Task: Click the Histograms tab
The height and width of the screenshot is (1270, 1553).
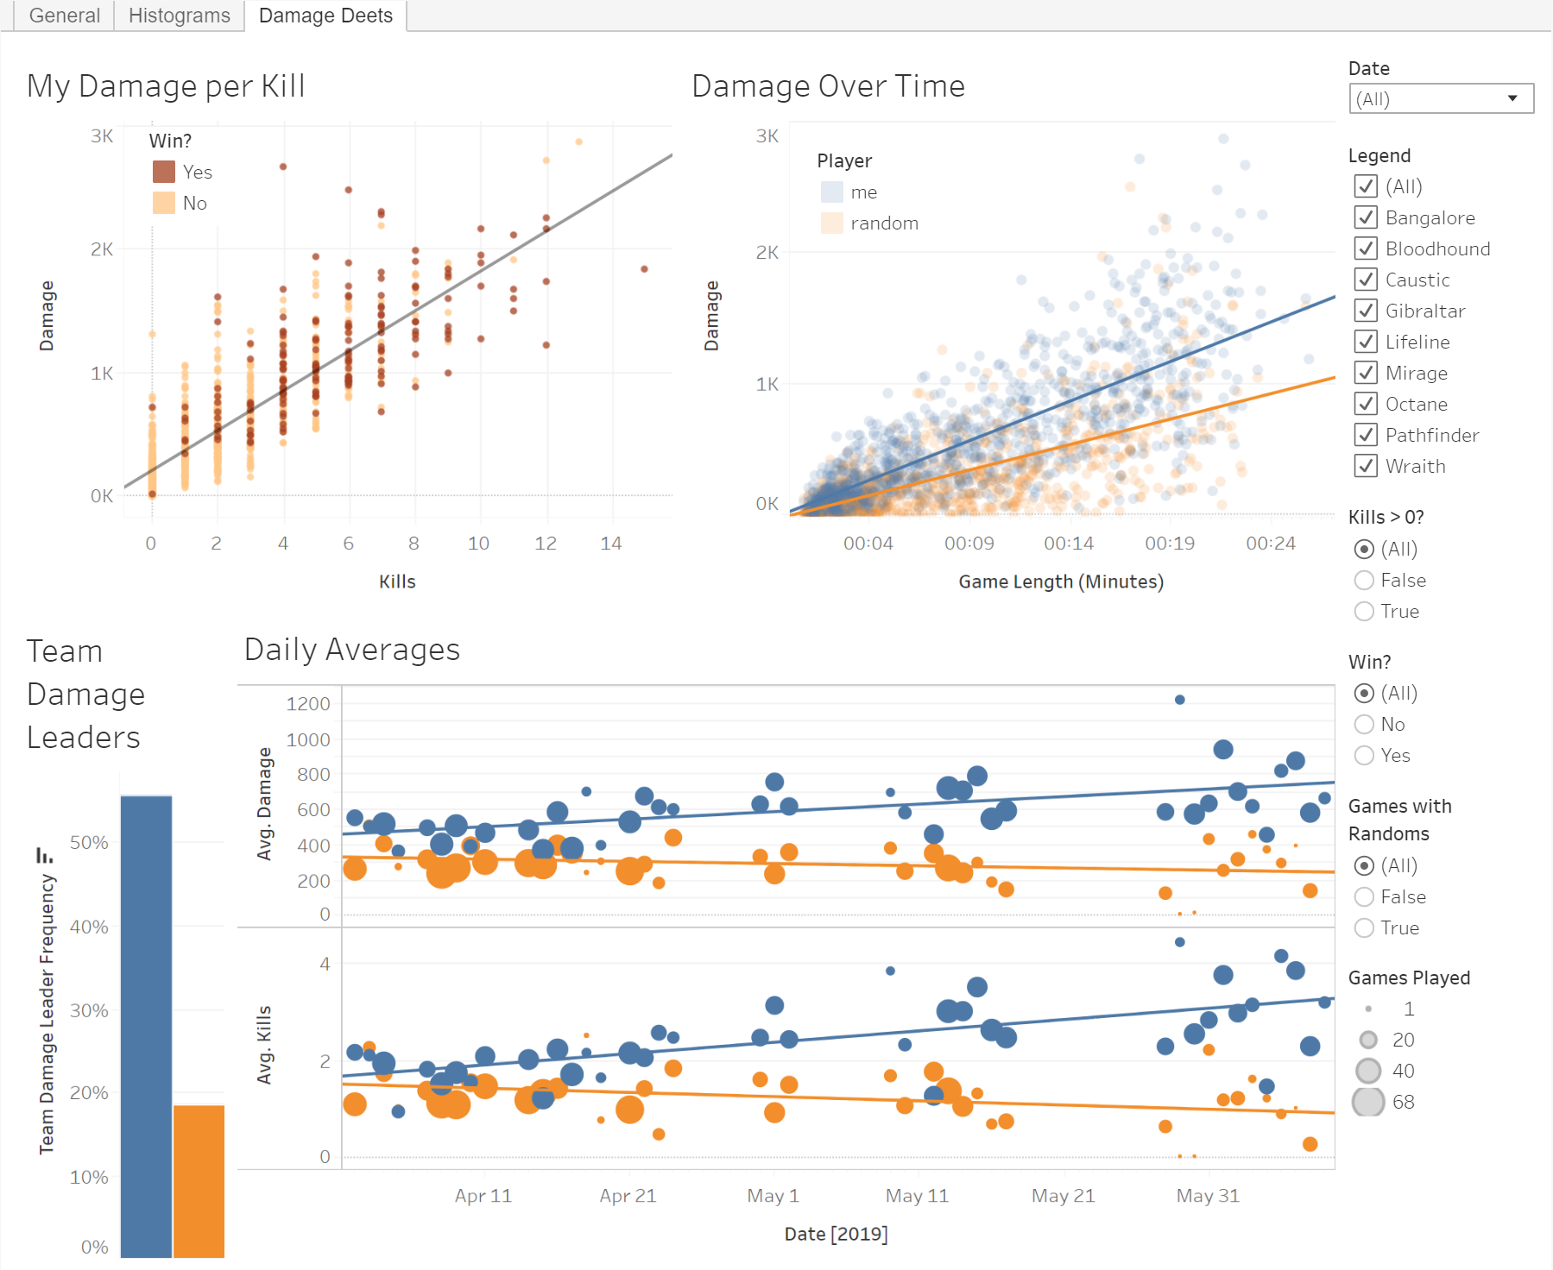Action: click(x=179, y=16)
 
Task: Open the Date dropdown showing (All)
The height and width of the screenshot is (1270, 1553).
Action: click(x=1440, y=98)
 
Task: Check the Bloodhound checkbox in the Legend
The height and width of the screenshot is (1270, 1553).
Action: click(x=1366, y=248)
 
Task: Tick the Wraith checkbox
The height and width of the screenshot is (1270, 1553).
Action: click(x=1366, y=466)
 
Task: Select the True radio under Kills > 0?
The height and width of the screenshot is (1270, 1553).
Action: click(x=1364, y=611)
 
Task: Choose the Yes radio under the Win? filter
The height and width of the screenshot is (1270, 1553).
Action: click(x=1364, y=755)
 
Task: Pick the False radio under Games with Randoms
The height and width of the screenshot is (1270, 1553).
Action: click(x=1364, y=896)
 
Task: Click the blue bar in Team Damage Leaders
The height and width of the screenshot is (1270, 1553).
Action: click(x=146, y=1027)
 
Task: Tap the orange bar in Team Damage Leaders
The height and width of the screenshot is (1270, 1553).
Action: click(x=199, y=1181)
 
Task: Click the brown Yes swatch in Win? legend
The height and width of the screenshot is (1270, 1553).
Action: click(x=164, y=172)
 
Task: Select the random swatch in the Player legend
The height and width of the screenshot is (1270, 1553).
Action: click(x=831, y=223)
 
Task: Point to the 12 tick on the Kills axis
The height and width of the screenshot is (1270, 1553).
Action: click(x=546, y=544)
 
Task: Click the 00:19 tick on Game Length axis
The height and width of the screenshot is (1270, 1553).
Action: click(x=1170, y=544)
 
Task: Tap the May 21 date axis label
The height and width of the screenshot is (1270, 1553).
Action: click(x=1063, y=1196)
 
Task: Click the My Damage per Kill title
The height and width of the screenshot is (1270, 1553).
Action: click(x=166, y=86)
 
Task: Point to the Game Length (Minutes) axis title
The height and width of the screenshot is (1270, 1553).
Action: click(x=1061, y=582)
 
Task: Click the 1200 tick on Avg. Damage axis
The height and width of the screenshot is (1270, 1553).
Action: click(x=308, y=704)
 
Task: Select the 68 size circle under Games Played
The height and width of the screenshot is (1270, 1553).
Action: click(x=1368, y=1102)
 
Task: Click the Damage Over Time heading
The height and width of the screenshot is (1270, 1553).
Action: click(x=828, y=86)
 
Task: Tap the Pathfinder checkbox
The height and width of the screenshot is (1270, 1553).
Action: click(x=1366, y=435)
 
